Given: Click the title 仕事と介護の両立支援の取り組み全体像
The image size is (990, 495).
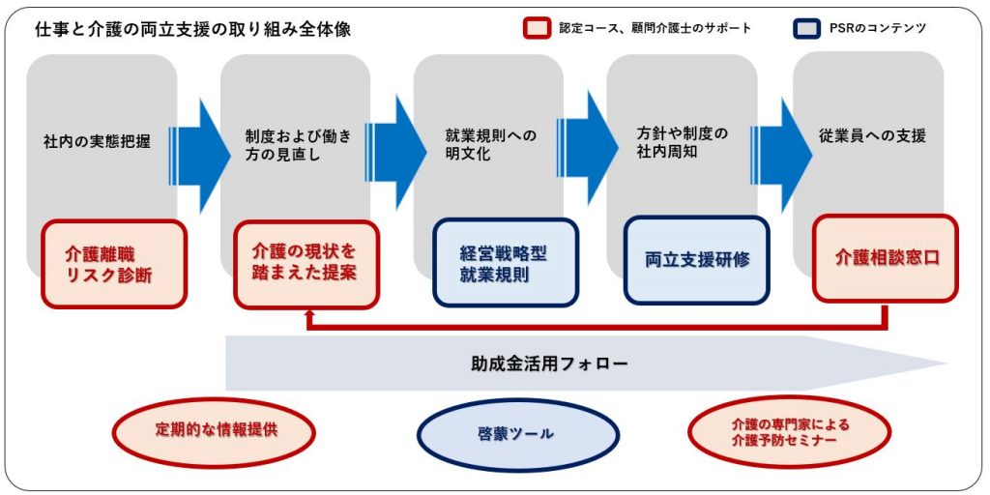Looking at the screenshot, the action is coord(193,30).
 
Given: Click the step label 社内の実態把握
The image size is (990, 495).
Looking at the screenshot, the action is coord(98,142).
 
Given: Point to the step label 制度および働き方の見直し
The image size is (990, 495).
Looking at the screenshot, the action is coord(298,145).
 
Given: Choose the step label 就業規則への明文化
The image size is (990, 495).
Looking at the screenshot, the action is coord(490,145).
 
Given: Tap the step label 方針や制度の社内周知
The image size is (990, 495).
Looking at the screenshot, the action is coord(682,143).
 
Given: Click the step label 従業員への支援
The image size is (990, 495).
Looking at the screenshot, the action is coord(873,135).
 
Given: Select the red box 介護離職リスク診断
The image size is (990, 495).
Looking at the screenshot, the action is coord(114,264).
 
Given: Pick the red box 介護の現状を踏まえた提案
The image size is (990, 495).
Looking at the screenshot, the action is coord(306,265).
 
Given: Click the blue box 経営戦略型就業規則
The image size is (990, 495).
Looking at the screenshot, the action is coord(505,262).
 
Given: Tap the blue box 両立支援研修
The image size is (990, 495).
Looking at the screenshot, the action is coord(696,259).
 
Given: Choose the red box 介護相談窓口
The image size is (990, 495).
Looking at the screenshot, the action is coord(886,258).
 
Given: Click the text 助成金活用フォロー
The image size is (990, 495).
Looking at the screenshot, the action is coord(549,364).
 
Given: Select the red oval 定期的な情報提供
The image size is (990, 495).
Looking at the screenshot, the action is coord(214,433).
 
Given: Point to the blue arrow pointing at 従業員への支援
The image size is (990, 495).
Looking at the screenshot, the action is coord(781,155).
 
